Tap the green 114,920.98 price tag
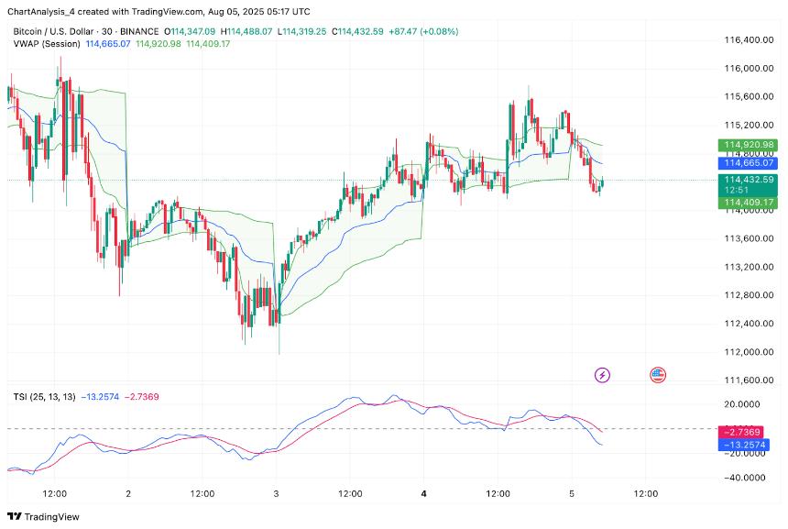(750, 145)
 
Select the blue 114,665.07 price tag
(750, 162)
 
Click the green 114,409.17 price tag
(750, 202)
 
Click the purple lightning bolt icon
(603, 374)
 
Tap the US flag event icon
(658, 374)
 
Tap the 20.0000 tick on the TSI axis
(743, 402)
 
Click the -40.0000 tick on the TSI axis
(743, 478)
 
